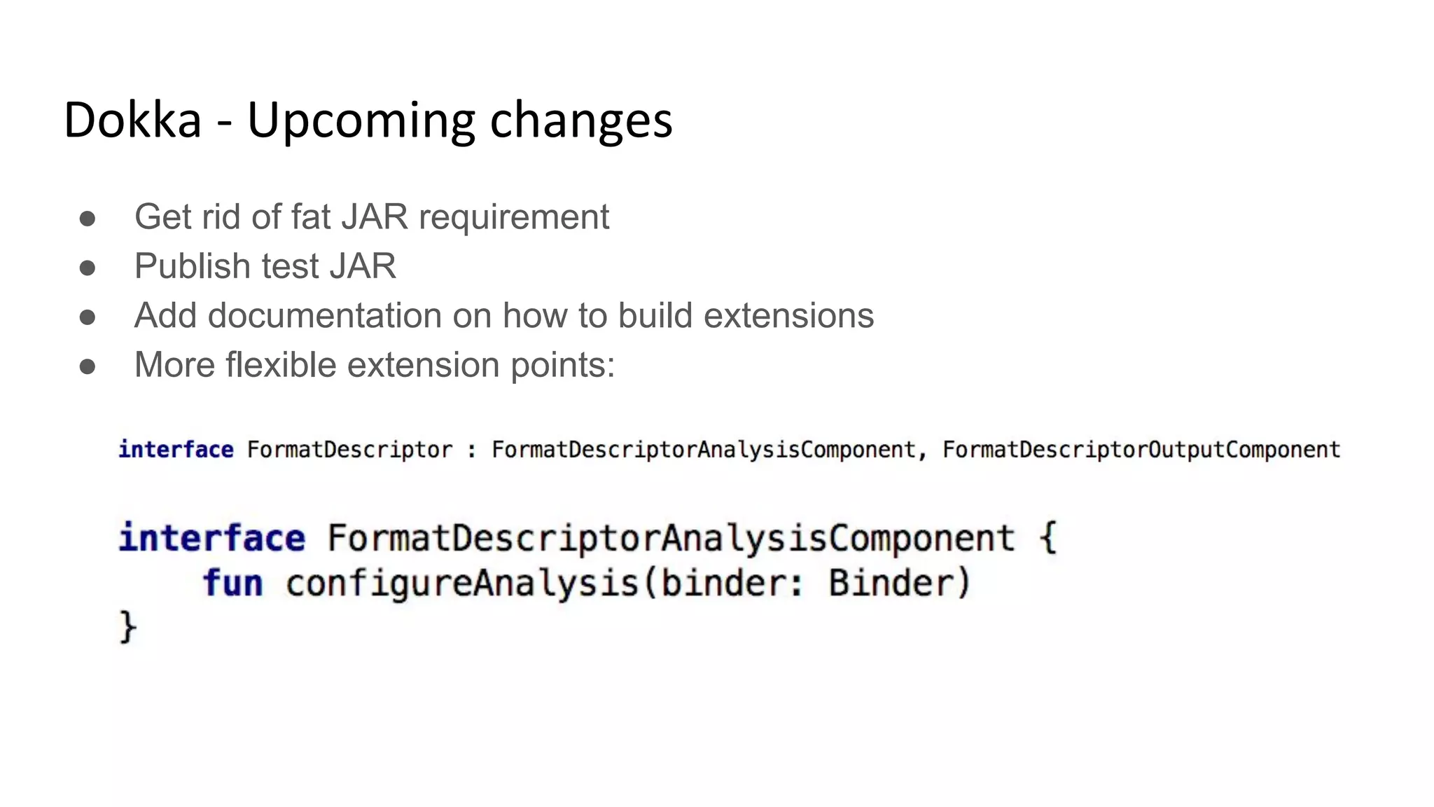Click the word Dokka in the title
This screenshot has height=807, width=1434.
pyautogui.click(x=132, y=120)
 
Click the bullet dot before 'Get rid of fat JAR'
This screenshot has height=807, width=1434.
pyautogui.click(x=88, y=218)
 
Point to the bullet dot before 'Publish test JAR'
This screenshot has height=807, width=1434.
pyautogui.click(x=88, y=268)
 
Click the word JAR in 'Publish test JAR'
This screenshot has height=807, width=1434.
pyautogui.click(x=363, y=266)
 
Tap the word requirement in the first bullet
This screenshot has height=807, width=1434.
pyautogui.click(x=514, y=217)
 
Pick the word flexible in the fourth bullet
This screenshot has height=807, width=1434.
pyautogui.click(x=281, y=365)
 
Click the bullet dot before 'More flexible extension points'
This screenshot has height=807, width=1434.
pyautogui.click(x=88, y=366)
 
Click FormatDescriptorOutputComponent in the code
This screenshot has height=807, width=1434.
pyautogui.click(x=1141, y=450)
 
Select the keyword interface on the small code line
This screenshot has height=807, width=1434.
pyautogui.click(x=176, y=450)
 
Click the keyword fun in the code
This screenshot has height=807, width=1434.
pyautogui.click(x=233, y=583)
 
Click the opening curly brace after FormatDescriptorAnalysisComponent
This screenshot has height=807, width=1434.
pyautogui.click(x=1047, y=538)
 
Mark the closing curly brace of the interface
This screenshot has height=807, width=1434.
pyautogui.click(x=127, y=626)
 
